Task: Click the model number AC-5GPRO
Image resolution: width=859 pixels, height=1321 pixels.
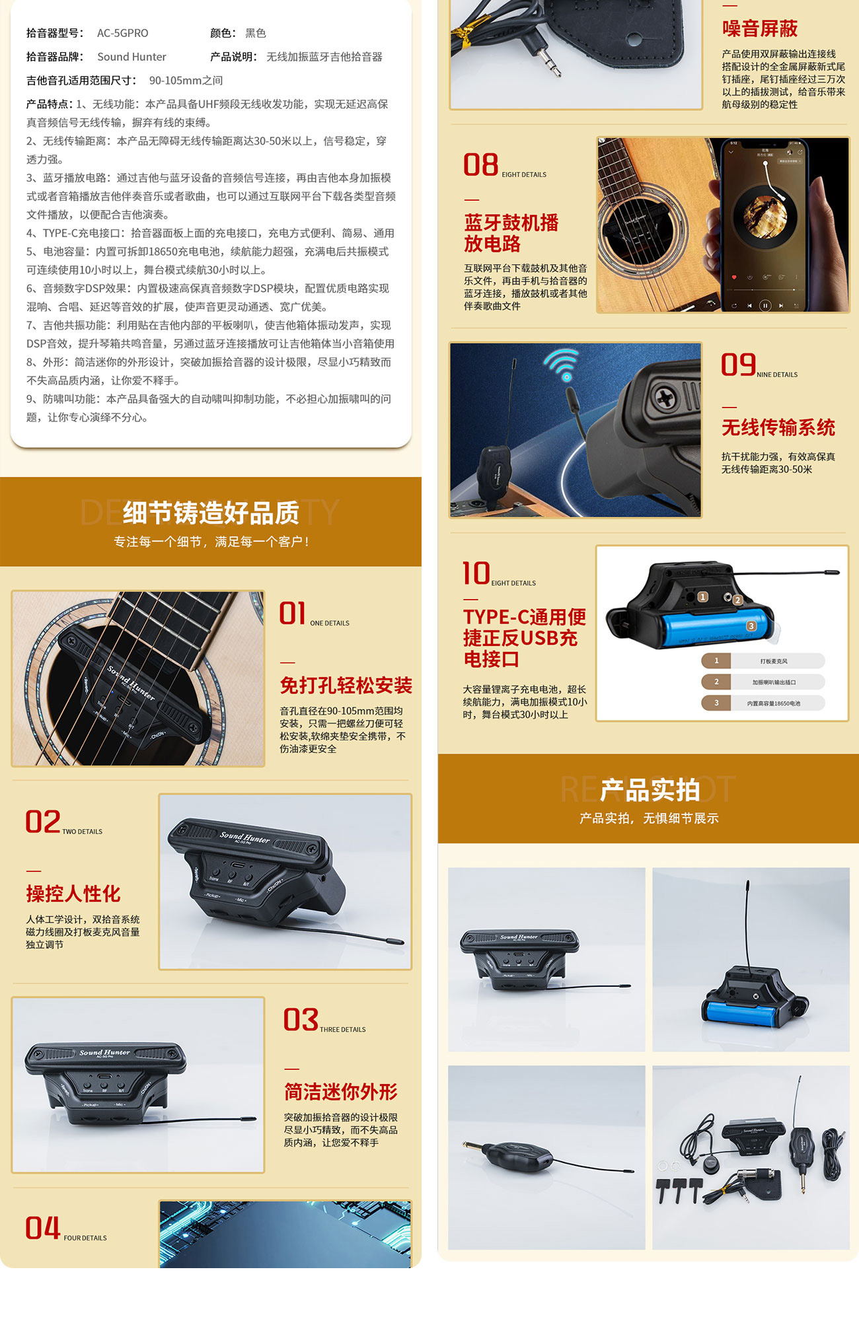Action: (x=122, y=33)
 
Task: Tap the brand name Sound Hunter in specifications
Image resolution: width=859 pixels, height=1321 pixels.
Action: (x=131, y=57)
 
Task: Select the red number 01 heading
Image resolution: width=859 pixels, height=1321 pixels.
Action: (x=292, y=613)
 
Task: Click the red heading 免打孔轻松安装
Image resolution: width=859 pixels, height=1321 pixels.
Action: (x=346, y=686)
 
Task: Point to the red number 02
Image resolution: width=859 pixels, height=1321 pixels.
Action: (x=42, y=822)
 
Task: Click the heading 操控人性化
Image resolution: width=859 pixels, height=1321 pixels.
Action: (x=73, y=894)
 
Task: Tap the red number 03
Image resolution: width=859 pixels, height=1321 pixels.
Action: (x=301, y=1020)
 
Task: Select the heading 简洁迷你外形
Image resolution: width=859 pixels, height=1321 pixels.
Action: (x=340, y=1092)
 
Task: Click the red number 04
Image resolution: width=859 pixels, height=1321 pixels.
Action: (x=42, y=1229)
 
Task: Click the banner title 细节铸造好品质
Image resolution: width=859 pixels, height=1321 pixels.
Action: (x=211, y=513)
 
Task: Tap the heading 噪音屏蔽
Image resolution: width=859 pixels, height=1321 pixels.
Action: (x=759, y=28)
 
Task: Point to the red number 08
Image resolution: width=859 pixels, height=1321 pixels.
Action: (x=480, y=165)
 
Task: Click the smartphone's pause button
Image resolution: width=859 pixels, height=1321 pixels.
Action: (x=765, y=305)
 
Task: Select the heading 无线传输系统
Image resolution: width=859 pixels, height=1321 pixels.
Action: (x=778, y=427)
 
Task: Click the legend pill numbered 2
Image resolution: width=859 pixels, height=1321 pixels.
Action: (x=716, y=682)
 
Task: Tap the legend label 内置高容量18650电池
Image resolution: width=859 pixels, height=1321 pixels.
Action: (x=773, y=703)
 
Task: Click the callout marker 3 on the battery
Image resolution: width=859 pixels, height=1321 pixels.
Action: (x=751, y=625)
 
